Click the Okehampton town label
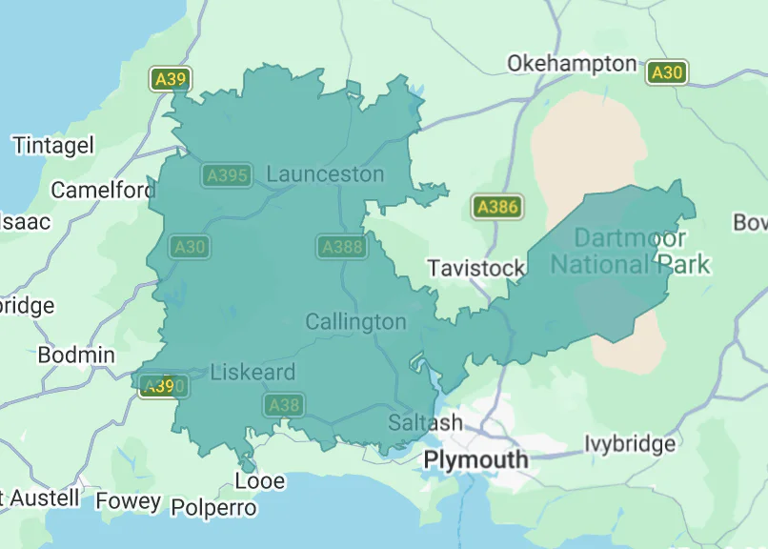(572, 64)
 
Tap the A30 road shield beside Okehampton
(666, 72)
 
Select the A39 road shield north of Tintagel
(170, 79)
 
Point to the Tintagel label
(53, 146)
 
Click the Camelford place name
(102, 191)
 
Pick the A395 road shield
(227, 175)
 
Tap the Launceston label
(325, 174)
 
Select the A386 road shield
(496, 207)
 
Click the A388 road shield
(341, 248)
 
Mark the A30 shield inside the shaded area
(189, 248)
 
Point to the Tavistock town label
(476, 269)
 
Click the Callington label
(355, 322)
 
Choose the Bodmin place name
(76, 356)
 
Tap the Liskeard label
(253, 373)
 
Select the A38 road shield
(284, 405)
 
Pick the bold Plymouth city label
(475, 460)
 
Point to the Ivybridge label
(629, 444)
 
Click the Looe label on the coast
(260, 481)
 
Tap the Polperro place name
(214, 508)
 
